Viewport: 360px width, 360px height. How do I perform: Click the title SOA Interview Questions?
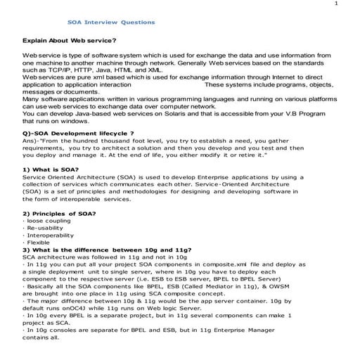pyautogui.click(x=116, y=22)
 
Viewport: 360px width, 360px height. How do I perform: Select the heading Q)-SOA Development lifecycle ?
pyautogui.click(x=78, y=133)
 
